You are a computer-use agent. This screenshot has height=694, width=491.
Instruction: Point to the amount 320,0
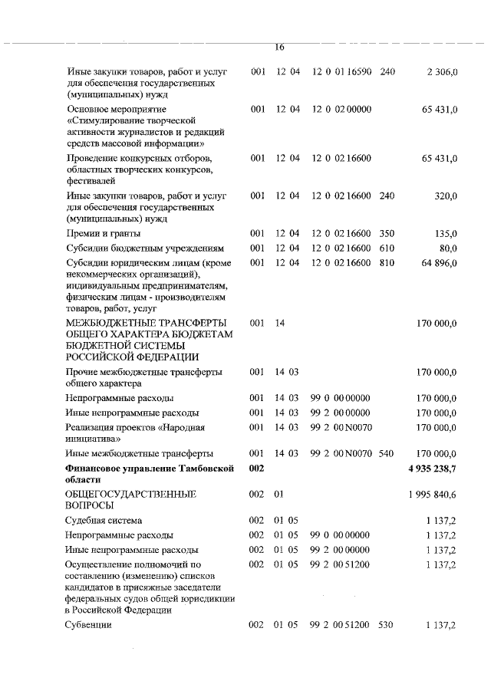tap(446, 196)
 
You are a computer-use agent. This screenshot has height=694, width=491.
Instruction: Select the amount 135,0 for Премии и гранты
tap(446, 233)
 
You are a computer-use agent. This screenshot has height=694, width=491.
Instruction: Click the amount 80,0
tap(448, 248)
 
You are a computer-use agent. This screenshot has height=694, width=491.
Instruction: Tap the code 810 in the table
tap(387, 263)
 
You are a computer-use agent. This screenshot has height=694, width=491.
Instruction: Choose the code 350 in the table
tap(387, 233)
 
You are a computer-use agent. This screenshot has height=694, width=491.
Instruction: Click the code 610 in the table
tap(387, 248)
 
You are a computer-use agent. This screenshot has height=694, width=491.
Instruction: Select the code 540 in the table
tap(387, 453)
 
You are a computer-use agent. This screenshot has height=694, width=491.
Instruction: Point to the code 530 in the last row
tap(385, 626)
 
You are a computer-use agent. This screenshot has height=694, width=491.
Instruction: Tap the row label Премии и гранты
tap(104, 233)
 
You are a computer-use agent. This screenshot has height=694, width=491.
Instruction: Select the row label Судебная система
tap(104, 520)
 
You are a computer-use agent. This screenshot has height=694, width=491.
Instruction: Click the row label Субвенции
tap(89, 626)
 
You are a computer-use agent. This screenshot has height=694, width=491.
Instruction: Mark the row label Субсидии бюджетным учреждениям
tap(145, 248)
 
